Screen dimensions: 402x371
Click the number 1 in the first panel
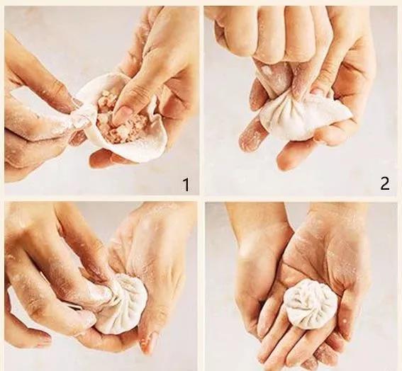(x=186, y=185)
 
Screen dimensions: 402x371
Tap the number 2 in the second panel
(x=385, y=183)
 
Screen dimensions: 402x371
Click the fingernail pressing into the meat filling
(x=124, y=112)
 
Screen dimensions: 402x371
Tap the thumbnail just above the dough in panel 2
(x=318, y=91)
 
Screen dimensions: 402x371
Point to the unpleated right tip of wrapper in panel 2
(x=346, y=113)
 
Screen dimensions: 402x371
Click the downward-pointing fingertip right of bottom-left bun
(x=145, y=343)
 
